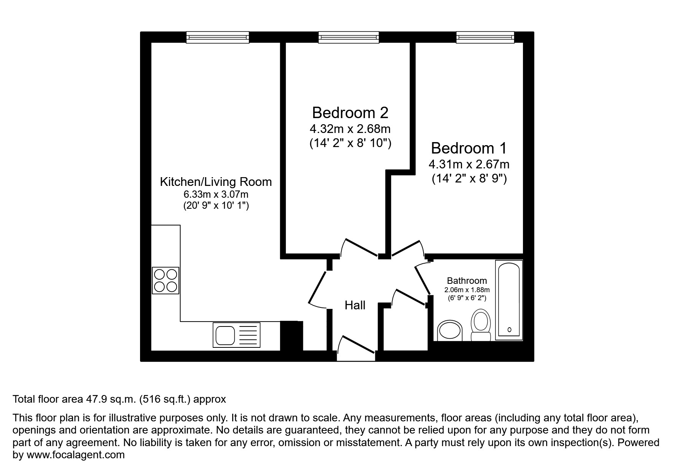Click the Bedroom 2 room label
[350, 113]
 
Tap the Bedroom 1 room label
[469, 148]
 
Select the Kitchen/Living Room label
[215, 182]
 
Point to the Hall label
[355, 305]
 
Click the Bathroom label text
[467, 281]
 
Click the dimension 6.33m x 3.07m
[215, 194]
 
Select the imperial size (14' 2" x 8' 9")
[469, 179]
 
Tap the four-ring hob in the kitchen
[166, 280]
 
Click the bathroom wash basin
[449, 330]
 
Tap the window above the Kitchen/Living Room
[218, 37]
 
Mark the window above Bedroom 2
[349, 37]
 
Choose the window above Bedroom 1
[485, 37]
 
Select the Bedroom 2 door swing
[360, 248]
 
